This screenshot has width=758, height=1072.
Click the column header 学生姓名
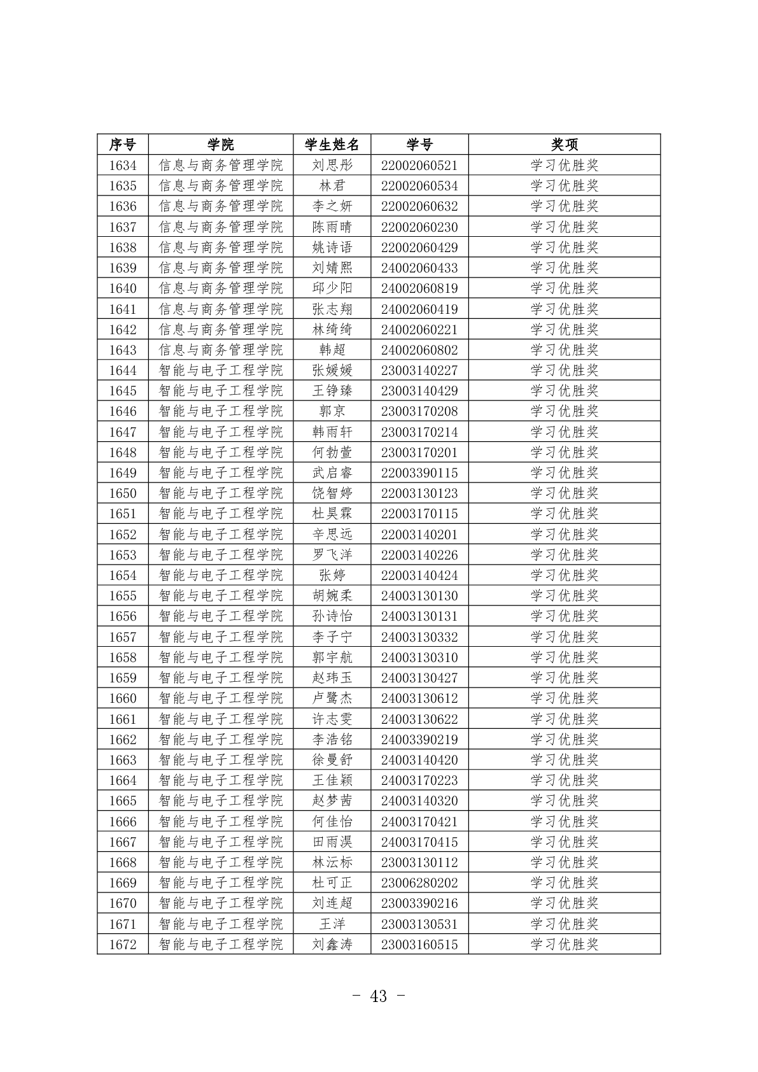[x=332, y=145]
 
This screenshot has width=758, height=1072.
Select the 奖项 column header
[x=564, y=145]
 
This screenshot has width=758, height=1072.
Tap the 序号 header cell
[x=122, y=145]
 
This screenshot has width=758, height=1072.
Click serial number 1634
[x=122, y=166]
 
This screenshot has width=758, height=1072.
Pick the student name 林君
[x=332, y=186]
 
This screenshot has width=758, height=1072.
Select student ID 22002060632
[x=419, y=206]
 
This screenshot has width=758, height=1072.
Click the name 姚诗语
[x=332, y=248]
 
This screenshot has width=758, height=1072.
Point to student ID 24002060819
[x=419, y=288]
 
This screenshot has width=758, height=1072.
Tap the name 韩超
[x=332, y=350]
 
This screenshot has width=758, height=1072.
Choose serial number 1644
[x=122, y=370]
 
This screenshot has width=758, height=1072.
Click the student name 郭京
[x=332, y=411]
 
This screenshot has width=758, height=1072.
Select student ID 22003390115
[x=419, y=473]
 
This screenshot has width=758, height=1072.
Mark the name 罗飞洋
[x=332, y=555]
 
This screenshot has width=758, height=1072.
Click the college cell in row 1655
[x=220, y=596]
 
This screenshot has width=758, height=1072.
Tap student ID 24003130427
[x=419, y=678]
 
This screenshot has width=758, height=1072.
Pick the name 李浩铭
[x=332, y=740]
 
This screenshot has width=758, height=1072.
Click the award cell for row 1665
[x=564, y=801]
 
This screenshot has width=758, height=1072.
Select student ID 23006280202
[x=419, y=883]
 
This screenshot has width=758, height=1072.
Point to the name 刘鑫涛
[x=332, y=945]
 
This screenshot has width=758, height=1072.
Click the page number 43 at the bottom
[x=378, y=996]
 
